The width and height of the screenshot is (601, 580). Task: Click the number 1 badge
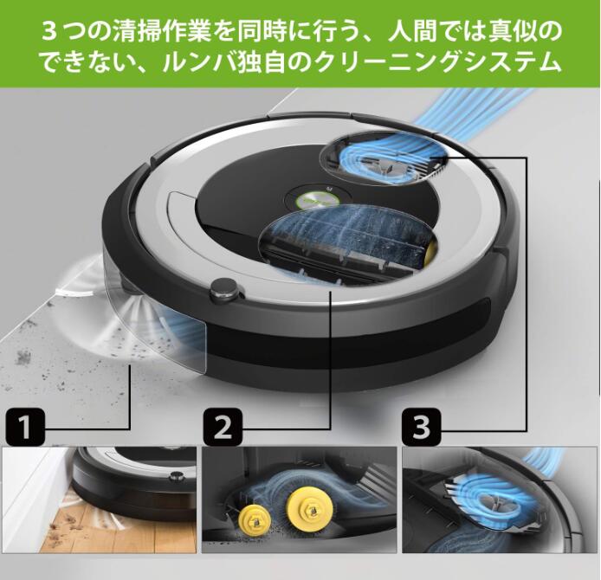pyautogui.click(x=26, y=428)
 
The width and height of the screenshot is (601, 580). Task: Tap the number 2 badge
pyautogui.click(x=223, y=428)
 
